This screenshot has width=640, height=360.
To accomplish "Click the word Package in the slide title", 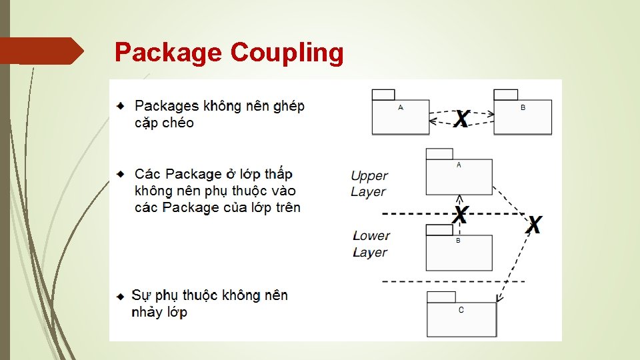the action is [169, 52].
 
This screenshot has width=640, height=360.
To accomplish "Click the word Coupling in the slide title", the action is [287, 52].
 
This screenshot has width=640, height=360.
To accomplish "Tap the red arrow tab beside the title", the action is [41, 51].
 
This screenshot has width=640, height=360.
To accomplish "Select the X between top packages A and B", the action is [461, 119].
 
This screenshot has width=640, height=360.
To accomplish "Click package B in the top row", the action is [523, 116].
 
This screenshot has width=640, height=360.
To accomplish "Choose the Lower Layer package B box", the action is [459, 252].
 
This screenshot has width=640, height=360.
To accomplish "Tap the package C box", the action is [462, 319].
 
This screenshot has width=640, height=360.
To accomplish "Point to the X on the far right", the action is [534, 225].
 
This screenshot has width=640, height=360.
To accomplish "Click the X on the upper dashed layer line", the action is [460, 215].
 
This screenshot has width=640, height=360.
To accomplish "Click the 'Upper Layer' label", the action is [369, 184].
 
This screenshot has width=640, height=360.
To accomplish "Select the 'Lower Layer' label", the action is [371, 244].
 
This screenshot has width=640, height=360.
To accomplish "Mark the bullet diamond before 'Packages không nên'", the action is [120, 106].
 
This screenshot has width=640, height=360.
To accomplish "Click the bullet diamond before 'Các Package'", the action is [120, 174].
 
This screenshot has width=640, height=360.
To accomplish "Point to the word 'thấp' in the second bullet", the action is [278, 175].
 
